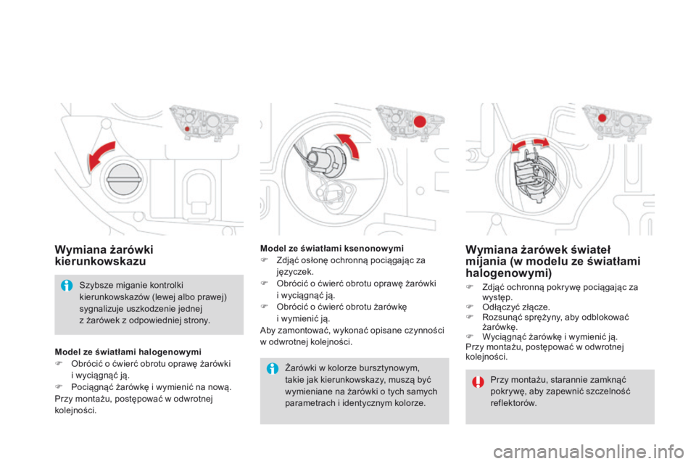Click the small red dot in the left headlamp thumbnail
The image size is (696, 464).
(186, 128)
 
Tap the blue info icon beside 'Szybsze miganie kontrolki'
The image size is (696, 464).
(67, 284)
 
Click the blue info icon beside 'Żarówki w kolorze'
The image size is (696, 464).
(273, 368)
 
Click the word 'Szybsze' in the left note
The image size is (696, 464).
(95, 284)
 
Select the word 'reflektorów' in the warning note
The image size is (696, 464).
(514, 403)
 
